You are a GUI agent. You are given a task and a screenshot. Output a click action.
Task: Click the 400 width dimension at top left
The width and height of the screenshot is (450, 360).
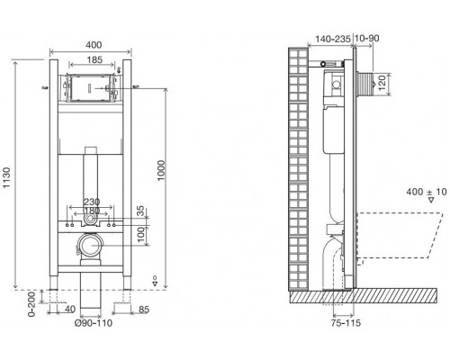[94, 45]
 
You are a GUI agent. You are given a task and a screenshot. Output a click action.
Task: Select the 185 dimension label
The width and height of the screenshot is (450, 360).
[94, 60]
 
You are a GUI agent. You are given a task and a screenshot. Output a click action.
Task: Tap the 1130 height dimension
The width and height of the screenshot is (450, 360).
[6, 178]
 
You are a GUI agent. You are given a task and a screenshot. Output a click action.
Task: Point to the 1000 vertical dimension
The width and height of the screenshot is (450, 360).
[161, 170]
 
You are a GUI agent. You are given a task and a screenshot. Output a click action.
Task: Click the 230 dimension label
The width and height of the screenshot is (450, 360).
[92, 202]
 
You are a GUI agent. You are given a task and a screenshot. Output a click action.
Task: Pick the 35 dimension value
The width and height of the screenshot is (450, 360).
[140, 211]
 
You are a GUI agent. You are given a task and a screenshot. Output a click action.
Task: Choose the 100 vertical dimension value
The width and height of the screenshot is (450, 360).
[140, 236]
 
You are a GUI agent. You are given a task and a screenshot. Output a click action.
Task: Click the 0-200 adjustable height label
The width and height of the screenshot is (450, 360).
[31, 304]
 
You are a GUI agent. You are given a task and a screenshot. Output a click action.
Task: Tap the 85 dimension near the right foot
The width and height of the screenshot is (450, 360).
[144, 310]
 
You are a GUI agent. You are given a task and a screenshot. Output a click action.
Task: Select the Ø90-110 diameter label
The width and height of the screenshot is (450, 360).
[94, 323]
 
